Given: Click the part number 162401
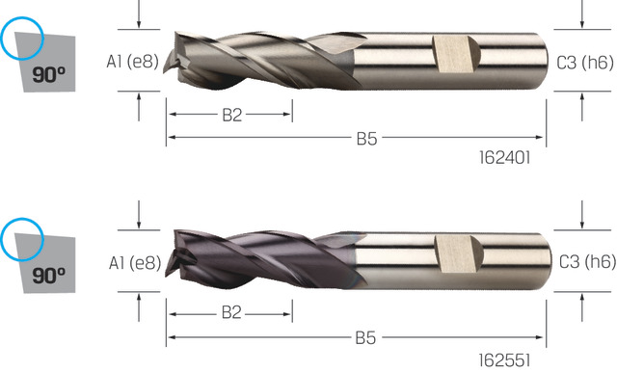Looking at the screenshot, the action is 505,158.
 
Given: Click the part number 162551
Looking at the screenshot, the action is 504,360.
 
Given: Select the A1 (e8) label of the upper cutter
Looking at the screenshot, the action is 133,62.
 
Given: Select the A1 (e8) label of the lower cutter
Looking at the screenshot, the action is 135,263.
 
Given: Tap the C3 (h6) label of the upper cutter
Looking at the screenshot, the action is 585,63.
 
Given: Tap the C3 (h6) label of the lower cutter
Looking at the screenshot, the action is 587,262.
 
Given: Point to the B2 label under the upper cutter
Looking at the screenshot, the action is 231,115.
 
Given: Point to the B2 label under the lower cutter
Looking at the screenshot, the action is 231,312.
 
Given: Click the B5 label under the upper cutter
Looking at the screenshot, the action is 366,139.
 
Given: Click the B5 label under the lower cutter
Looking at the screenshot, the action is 365,338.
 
